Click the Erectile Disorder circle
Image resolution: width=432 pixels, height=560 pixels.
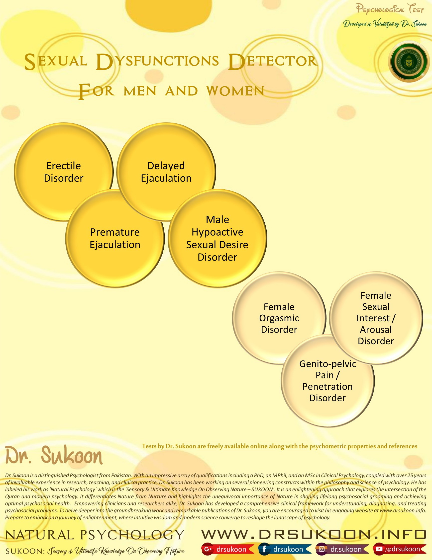64,172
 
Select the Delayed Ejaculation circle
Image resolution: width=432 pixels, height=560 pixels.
166,172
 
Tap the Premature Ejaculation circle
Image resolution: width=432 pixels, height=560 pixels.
115,238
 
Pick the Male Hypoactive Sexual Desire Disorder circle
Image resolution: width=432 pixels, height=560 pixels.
217,238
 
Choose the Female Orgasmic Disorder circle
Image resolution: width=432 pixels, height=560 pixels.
279,318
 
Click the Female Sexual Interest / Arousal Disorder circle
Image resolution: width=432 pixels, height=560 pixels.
376,318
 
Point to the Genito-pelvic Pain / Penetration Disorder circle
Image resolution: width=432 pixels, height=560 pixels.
327,381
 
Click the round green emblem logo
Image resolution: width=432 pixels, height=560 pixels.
409,62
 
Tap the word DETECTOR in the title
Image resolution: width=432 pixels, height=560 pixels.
273,61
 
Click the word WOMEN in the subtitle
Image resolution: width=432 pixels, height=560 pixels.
235,91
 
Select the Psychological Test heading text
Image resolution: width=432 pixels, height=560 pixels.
390,9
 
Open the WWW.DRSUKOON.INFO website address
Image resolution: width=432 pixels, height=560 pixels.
314,534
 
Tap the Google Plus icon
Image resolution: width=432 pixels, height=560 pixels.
208,549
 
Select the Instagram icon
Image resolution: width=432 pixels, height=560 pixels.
321,549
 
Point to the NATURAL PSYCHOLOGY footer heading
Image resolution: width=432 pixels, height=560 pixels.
95,535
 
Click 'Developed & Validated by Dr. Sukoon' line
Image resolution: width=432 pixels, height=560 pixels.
385,24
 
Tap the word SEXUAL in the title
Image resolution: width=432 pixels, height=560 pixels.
56,61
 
